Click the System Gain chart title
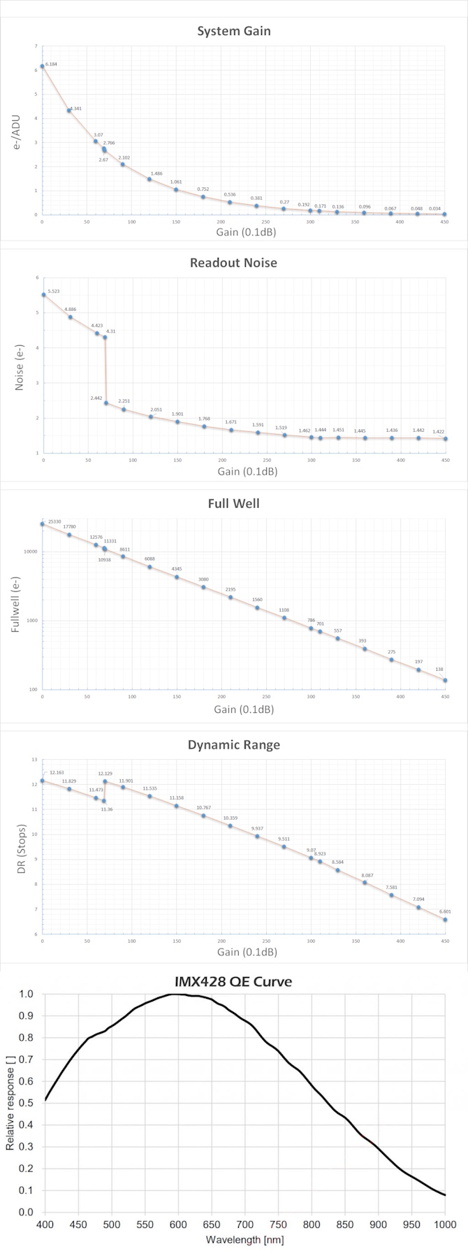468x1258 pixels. point(233,31)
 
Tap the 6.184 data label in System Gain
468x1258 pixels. point(52,64)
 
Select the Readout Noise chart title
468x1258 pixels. point(233,263)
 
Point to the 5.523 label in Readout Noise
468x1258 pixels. point(54,291)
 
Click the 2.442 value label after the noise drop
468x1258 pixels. point(96,398)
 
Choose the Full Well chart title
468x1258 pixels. point(233,503)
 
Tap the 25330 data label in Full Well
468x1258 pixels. point(55,521)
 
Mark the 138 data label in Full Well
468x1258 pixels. point(439,670)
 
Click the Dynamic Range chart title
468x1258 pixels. point(233,745)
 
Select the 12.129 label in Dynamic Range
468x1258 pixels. point(105,774)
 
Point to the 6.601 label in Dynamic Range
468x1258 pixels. point(445,911)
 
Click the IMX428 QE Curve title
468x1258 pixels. point(233,982)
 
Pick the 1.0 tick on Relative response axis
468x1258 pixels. point(27,994)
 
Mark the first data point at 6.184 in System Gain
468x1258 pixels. point(43,66)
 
